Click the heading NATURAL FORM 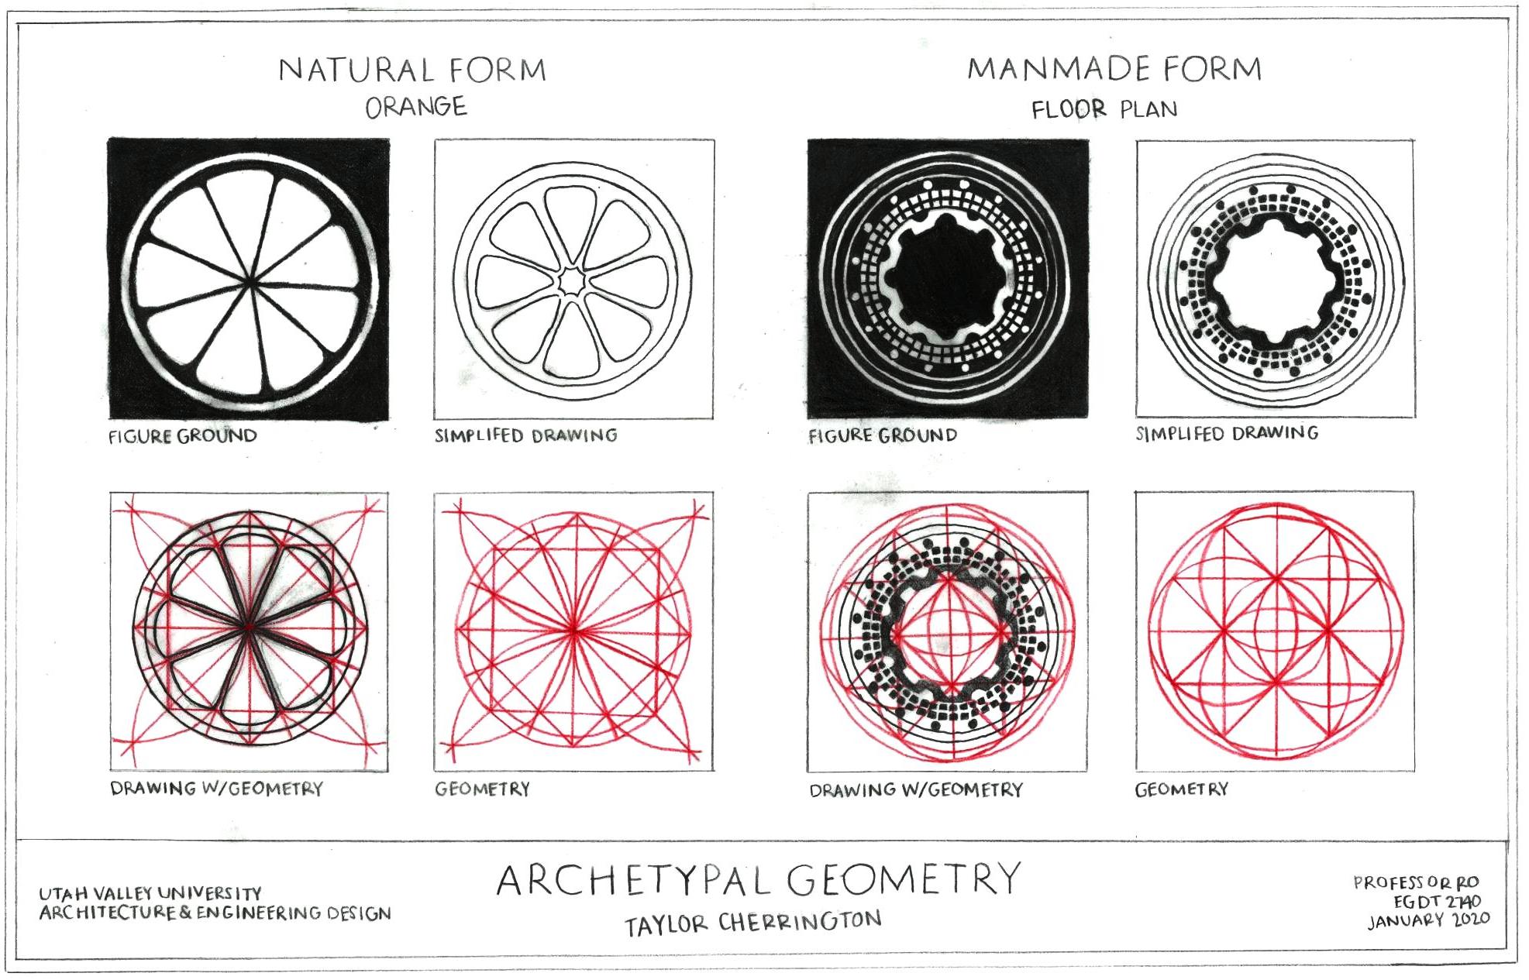point(412,70)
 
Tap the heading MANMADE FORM point(1114,69)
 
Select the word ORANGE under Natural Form point(416,107)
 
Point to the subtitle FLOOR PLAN point(1104,109)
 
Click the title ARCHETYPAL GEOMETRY point(759,879)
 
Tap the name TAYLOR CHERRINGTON point(753,922)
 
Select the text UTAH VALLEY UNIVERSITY point(150,893)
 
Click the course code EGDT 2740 point(1437,902)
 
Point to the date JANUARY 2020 point(1428,920)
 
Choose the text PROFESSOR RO point(1416,882)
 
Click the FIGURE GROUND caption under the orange point(183,436)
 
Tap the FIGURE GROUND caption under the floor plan point(883,435)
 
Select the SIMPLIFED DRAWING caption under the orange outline point(525,435)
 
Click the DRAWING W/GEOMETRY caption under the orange point(216,789)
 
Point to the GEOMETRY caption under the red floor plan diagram point(1181,789)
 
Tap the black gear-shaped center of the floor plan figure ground point(948,280)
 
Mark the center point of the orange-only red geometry point(574,631)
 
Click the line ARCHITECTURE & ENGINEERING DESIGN point(215,913)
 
